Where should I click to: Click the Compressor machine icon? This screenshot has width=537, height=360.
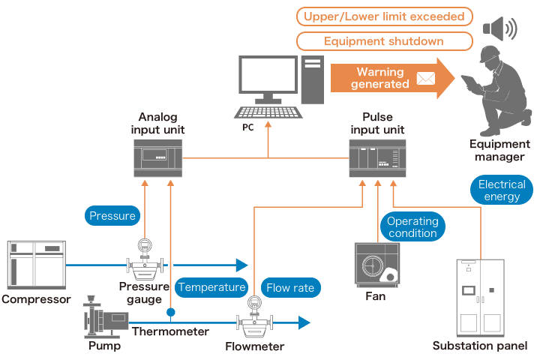point(35,265)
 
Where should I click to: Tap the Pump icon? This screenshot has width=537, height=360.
point(104,320)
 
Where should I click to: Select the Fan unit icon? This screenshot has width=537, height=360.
point(376,265)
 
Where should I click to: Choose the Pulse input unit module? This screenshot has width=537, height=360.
point(376,160)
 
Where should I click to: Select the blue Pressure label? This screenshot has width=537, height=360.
point(112,216)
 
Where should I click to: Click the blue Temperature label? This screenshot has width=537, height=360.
point(211,286)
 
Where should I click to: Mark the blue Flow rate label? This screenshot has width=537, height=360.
point(290,286)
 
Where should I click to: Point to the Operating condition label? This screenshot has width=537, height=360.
point(412,226)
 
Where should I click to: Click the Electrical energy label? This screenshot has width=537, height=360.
point(502,190)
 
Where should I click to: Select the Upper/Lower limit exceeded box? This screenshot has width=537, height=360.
point(384,16)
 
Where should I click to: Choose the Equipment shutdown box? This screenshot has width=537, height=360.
point(384,42)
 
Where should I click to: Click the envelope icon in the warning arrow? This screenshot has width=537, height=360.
point(425,78)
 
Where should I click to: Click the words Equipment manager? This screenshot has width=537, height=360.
point(496,151)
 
